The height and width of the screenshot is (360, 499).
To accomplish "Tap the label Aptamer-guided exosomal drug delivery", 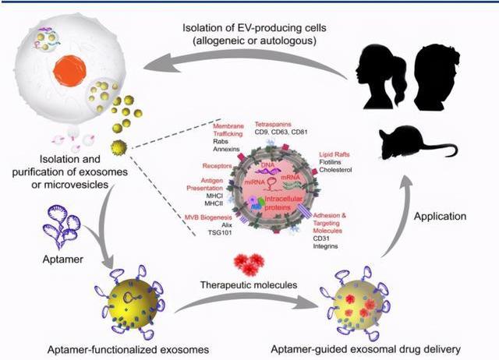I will pos(376,348).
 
